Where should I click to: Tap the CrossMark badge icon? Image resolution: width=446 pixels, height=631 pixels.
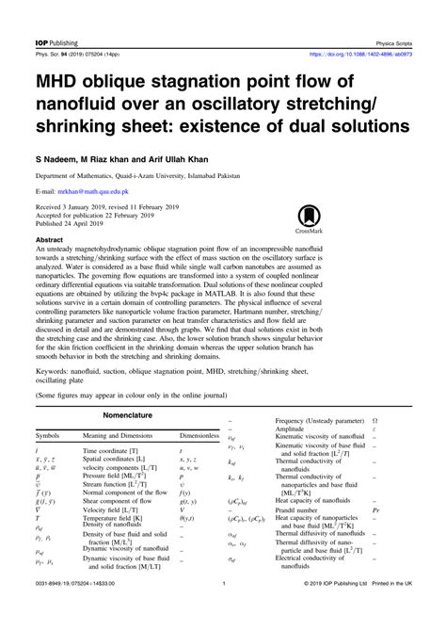click(x=362, y=209)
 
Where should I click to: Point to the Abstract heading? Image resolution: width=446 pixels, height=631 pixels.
click(x=48, y=240)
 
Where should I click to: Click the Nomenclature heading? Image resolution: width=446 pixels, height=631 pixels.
click(x=129, y=413)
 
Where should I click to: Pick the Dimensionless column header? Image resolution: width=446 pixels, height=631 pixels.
click(x=199, y=437)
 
